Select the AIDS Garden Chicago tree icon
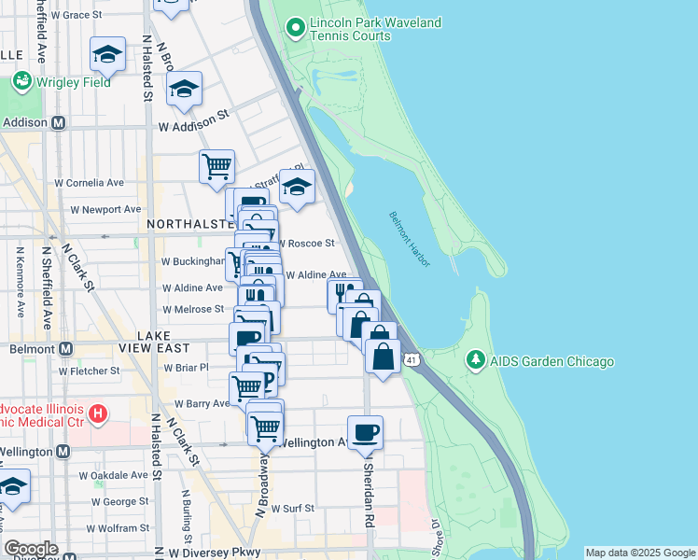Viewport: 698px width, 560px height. coord(475,361)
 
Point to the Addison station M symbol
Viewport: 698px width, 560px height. coord(58,122)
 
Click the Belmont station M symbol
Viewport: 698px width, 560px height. coord(65,349)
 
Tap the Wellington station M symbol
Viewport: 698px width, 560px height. coord(63,452)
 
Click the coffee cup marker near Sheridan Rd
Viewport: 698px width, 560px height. coord(366,432)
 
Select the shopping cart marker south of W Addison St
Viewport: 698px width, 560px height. coord(216,167)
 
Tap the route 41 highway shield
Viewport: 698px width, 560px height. coord(411,358)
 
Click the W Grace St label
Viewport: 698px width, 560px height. coord(77,15)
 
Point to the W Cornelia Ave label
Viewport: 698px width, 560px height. coord(90,183)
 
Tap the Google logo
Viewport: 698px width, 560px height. coord(31,549)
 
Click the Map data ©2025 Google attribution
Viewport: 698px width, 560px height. coord(639,553)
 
